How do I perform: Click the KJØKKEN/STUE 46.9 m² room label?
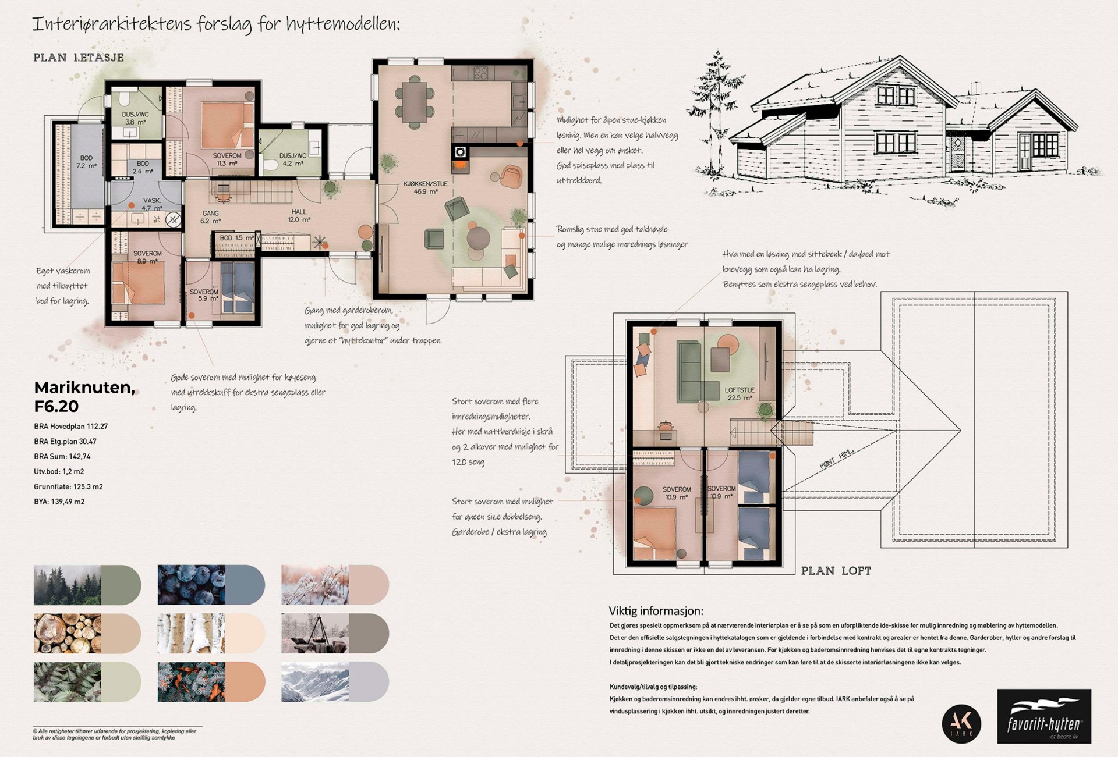pyautogui.click(x=425, y=187)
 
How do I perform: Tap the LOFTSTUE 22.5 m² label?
pyautogui.click(x=739, y=394)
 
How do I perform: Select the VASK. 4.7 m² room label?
pyautogui.click(x=151, y=204)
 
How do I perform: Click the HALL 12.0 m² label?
pyautogui.click(x=299, y=216)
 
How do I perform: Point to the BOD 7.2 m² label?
pyautogui.click(x=86, y=162)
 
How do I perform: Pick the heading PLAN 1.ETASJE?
pyautogui.click(x=79, y=58)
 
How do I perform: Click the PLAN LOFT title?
pyautogui.click(x=836, y=571)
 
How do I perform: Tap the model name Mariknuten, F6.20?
pyautogui.click(x=84, y=396)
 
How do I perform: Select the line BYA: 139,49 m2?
pyautogui.click(x=59, y=502)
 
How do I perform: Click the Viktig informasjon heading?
pyautogui.click(x=656, y=611)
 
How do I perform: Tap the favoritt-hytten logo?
pyautogui.click(x=1043, y=716)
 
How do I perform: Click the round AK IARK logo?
pyautogui.click(x=961, y=723)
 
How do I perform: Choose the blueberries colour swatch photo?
pyautogui.click(x=191, y=584)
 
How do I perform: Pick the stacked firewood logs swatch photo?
pyautogui.click(x=67, y=633)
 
